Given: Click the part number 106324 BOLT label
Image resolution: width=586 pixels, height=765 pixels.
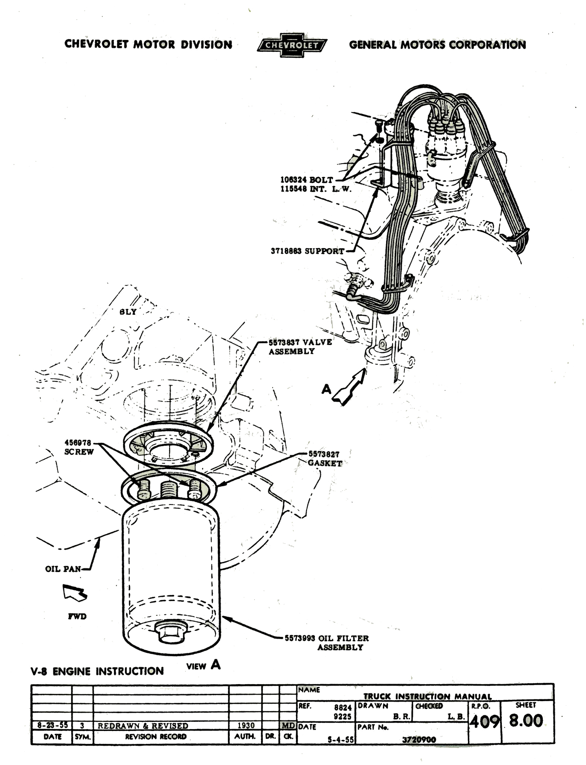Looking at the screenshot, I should click(x=307, y=180).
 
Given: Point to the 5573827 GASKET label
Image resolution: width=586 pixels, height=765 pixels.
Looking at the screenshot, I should click(x=324, y=459).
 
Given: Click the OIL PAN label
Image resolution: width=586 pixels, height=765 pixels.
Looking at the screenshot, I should click(x=63, y=569).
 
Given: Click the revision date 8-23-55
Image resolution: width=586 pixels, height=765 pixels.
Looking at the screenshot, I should click(x=52, y=725).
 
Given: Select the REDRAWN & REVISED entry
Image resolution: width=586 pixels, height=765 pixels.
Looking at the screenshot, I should click(x=143, y=726).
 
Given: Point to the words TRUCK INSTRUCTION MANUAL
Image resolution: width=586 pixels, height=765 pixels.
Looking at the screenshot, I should click(x=427, y=697).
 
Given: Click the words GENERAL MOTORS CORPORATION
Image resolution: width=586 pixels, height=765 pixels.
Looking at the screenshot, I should click(x=437, y=45).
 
